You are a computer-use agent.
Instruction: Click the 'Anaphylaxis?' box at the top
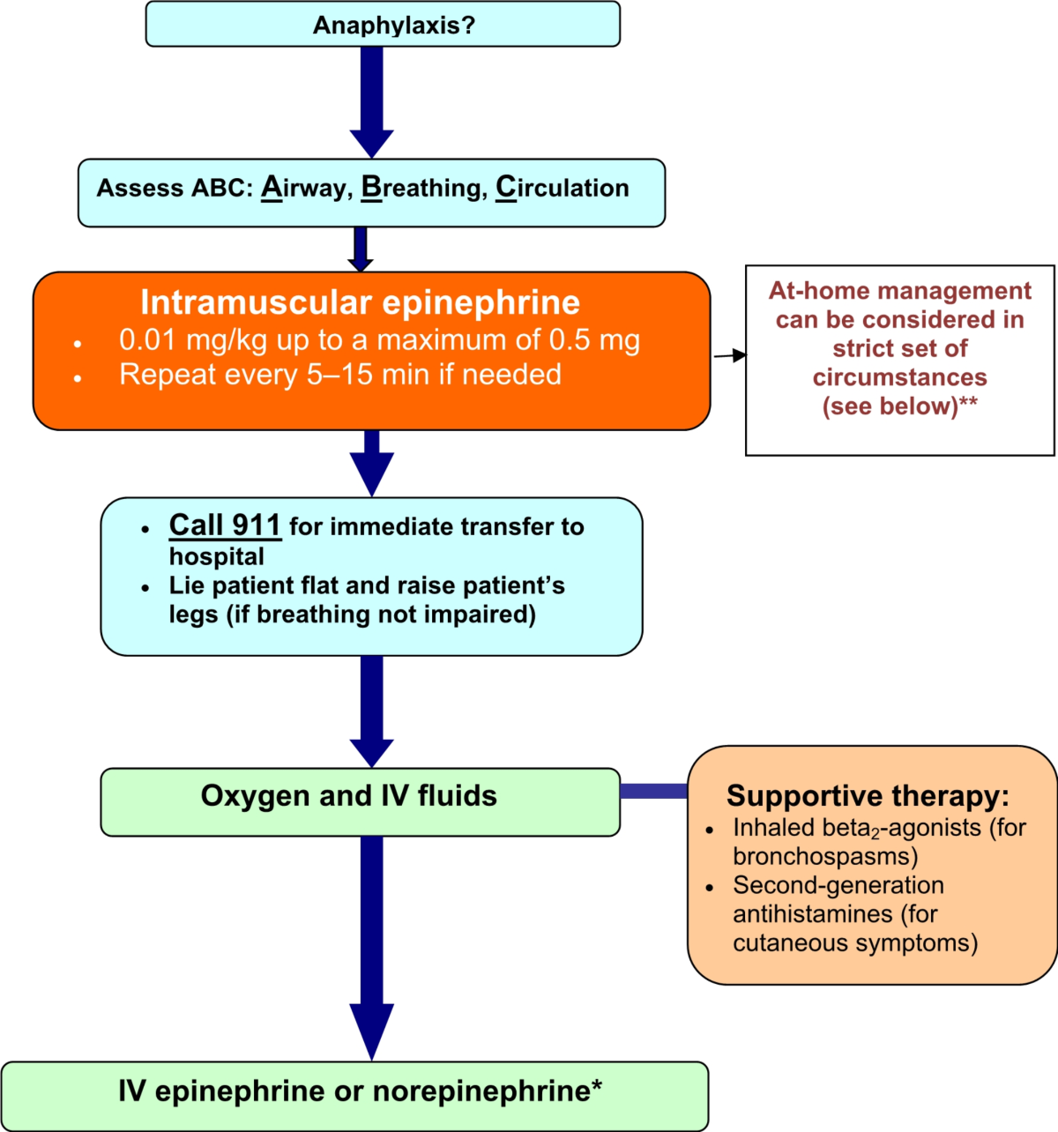(x=383, y=25)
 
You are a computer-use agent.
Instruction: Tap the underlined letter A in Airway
(x=272, y=188)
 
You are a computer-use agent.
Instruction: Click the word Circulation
(x=563, y=188)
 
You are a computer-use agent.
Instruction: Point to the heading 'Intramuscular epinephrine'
(x=360, y=302)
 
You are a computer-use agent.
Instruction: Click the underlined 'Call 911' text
(x=225, y=525)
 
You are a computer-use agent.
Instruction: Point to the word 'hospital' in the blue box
(x=217, y=556)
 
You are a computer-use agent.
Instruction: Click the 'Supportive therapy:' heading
(x=868, y=796)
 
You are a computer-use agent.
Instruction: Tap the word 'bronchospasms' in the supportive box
(x=825, y=856)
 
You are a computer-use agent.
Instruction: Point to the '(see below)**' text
(x=899, y=406)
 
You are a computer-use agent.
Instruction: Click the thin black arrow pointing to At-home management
(x=729, y=355)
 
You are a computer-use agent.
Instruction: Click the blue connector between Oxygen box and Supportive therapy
(x=653, y=791)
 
